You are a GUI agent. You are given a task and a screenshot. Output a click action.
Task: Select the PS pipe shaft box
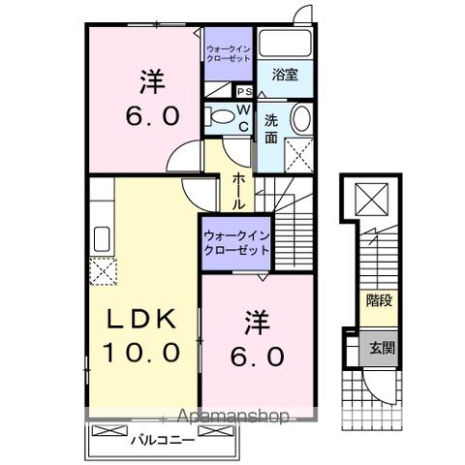click(245, 93)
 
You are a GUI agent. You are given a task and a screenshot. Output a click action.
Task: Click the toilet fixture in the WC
click(224, 119)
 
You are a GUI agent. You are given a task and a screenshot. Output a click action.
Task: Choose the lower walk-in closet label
click(235, 242)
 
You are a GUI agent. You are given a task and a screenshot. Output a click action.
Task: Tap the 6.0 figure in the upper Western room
click(150, 115)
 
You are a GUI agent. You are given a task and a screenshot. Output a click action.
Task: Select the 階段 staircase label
click(379, 300)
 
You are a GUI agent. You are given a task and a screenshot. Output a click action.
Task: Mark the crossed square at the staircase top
click(372, 201)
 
